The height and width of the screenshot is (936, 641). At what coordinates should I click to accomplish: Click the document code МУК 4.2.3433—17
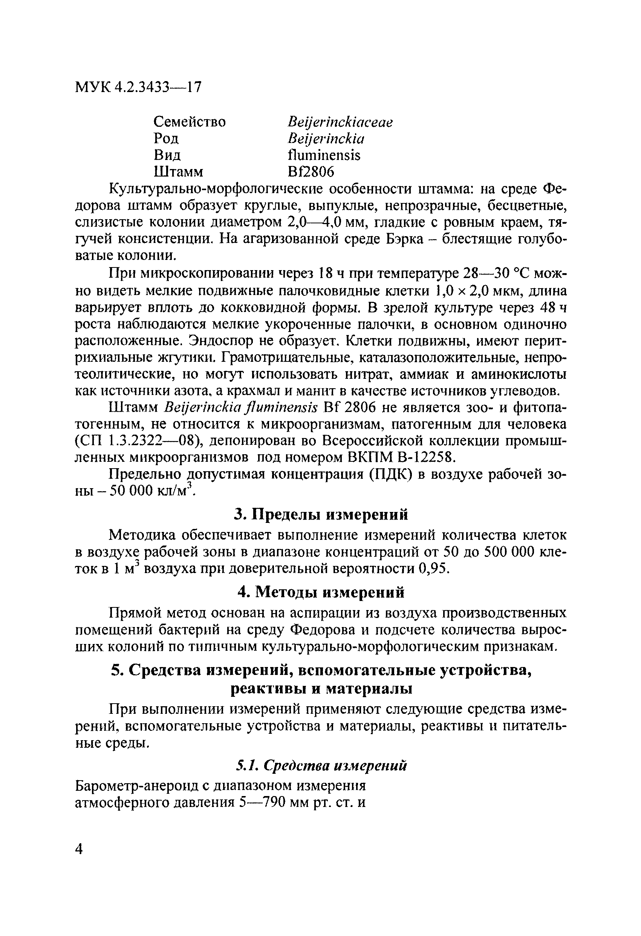tap(138, 87)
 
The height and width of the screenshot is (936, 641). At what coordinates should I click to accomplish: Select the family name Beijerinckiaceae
tap(340, 121)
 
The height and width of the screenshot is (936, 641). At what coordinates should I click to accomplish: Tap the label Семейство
tap(190, 121)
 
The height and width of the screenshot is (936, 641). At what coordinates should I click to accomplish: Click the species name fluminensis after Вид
tap(324, 155)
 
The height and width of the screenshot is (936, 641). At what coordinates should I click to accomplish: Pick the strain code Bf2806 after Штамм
tap(311, 172)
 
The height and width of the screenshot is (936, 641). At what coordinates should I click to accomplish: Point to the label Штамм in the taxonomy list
tap(179, 172)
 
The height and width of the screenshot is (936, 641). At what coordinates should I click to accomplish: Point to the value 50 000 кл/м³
tap(147, 491)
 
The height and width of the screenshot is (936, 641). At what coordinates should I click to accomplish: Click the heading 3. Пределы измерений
tap(321, 514)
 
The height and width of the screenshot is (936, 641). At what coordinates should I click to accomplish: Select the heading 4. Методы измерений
tap(321, 592)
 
